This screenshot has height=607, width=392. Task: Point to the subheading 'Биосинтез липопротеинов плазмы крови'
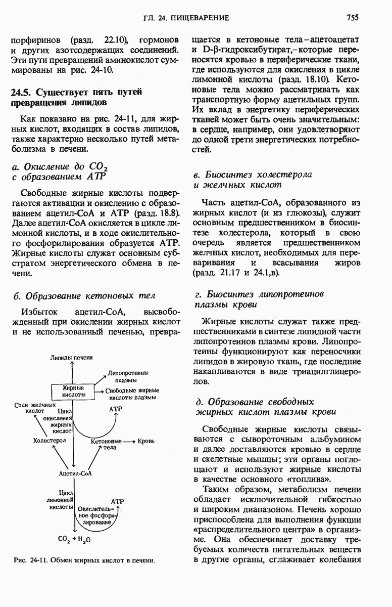(x=259, y=299)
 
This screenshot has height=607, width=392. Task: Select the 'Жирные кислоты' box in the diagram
(x=73, y=391)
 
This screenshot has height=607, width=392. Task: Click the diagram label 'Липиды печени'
(x=71, y=358)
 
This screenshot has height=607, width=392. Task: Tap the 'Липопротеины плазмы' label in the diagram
(x=125, y=376)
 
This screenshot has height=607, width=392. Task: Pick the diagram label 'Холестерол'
(x=50, y=441)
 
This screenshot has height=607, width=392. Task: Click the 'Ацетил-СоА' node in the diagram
(x=75, y=473)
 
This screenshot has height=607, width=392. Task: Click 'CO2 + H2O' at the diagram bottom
(x=74, y=540)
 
